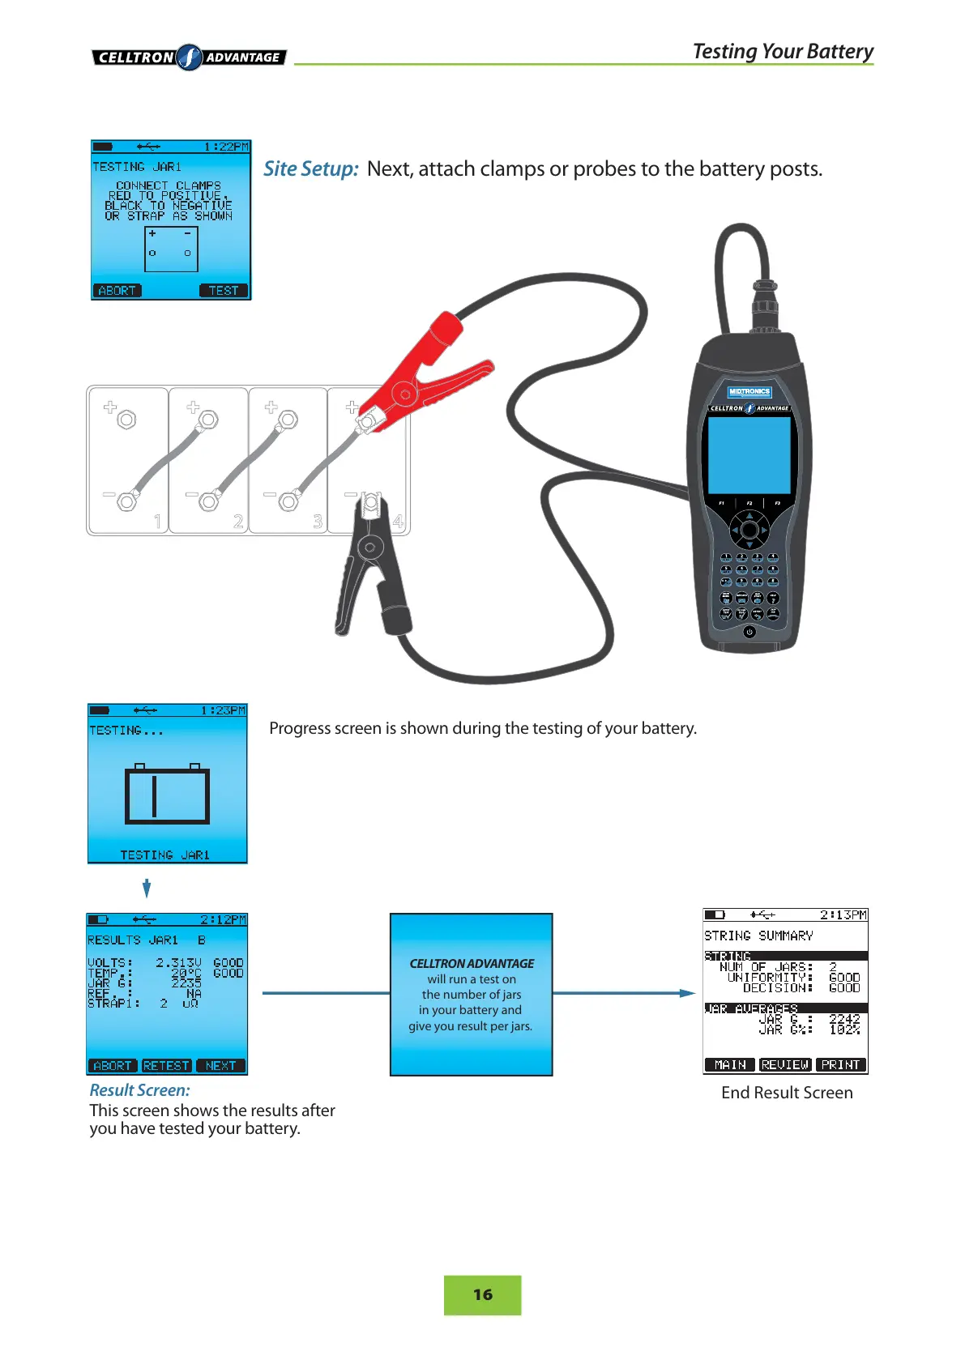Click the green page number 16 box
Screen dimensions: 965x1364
482,1294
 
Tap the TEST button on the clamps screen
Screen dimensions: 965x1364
224,290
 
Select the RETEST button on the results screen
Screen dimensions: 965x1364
166,1065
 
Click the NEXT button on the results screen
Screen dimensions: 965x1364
220,1065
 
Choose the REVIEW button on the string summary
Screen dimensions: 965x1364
785,1064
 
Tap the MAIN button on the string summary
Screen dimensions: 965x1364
730,1064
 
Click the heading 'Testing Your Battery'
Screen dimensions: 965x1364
783,51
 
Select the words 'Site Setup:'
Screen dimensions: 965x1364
310,168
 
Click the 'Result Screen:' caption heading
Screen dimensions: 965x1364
139,1090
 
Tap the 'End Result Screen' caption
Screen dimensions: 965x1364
787,1093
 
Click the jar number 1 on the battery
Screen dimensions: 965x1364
157,521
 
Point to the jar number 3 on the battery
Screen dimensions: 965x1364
318,521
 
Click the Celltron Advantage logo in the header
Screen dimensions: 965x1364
189,58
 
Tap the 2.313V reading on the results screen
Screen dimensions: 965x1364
178,962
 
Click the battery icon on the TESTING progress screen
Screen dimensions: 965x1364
167,794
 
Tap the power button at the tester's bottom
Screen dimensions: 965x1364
749,632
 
